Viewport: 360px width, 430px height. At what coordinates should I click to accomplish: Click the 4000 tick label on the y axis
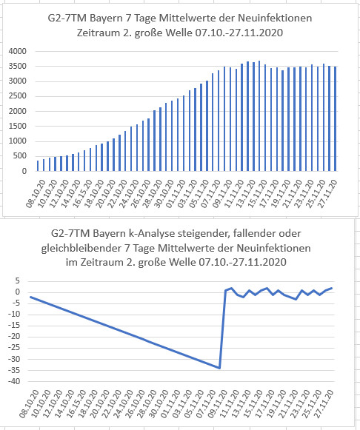(x=18, y=51)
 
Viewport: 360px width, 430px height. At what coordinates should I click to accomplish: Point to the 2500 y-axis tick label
(x=18, y=96)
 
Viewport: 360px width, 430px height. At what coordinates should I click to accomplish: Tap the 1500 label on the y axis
(x=18, y=126)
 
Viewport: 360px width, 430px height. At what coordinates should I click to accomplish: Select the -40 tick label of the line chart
(x=14, y=381)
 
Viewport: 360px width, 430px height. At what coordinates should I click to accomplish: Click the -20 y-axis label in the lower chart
(x=14, y=337)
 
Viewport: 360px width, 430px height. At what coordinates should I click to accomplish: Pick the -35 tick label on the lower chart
(x=14, y=370)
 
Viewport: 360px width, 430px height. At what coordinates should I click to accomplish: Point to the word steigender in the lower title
(x=204, y=234)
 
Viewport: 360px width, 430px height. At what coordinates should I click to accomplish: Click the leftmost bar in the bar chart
(x=38, y=166)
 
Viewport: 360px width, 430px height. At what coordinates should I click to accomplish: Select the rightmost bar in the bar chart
(x=336, y=118)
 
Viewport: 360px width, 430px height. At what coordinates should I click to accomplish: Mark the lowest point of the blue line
(x=219, y=368)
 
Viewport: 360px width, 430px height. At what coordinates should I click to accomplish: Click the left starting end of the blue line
(x=30, y=297)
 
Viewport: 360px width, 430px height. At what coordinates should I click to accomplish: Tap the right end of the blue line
(x=331, y=288)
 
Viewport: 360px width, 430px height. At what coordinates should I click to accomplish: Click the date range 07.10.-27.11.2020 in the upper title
(x=239, y=33)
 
